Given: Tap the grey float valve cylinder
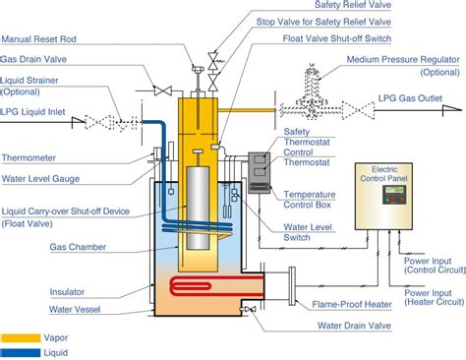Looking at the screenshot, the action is [198, 209].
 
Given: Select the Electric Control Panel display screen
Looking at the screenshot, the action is [394, 190].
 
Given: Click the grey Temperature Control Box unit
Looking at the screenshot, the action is [260, 173].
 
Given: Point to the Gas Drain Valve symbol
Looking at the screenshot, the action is [163, 90].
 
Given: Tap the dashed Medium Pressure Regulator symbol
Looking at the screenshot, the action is [312, 92].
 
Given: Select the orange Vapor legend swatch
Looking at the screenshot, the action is [21, 338].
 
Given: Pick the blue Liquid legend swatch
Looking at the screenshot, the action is [21, 353].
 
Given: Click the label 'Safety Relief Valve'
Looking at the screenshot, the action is [353, 5].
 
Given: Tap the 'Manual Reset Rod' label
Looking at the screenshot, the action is [39, 39].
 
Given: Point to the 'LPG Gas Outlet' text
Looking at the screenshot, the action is [410, 98].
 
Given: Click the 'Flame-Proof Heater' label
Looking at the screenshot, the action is [352, 305].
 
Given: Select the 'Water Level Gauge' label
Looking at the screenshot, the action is [40, 179].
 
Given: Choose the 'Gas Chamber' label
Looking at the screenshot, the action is [78, 247].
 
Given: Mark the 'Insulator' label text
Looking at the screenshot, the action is [67, 292].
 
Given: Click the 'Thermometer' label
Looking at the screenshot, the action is [29, 158].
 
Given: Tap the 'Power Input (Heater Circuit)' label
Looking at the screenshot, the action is [435, 297].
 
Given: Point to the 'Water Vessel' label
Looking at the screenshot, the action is [75, 309].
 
